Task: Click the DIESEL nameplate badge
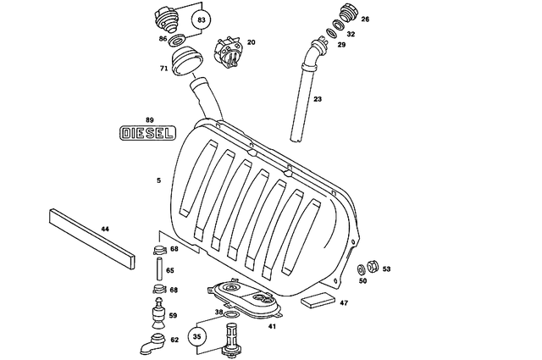147,133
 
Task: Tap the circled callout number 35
197,335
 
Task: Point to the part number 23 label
318,99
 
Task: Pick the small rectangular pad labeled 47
320,299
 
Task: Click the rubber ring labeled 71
184,63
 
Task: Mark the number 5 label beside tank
158,180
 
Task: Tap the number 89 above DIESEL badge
149,119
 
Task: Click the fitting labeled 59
158,317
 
